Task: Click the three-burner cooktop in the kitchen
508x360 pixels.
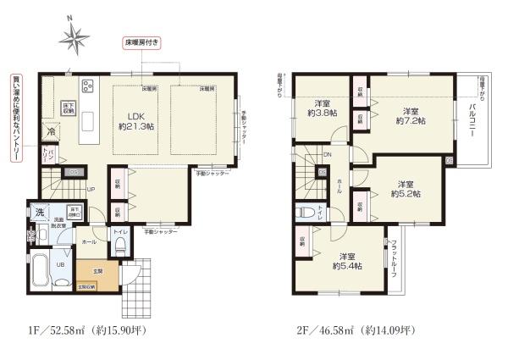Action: coord(87,86)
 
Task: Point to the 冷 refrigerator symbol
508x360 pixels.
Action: coord(51,132)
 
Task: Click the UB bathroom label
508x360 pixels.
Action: coord(59,264)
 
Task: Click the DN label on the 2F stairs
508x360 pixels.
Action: coord(327,154)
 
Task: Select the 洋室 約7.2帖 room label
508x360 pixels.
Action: coord(411,116)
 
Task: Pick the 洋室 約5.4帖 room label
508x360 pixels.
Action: coord(346,261)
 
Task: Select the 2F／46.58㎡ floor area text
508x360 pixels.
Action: coord(345,330)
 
